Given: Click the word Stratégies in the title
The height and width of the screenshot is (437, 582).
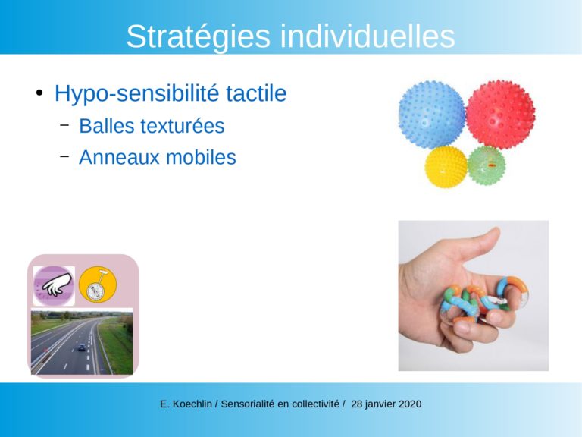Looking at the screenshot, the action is click(x=199, y=36).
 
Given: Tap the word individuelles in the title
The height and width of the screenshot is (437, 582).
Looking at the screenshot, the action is click(x=368, y=36).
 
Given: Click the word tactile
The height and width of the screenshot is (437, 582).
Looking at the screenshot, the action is click(x=256, y=93).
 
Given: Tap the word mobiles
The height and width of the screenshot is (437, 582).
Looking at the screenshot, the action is click(x=201, y=157).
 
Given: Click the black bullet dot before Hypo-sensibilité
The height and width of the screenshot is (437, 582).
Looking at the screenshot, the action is click(x=39, y=93).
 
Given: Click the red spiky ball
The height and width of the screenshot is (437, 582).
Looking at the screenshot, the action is click(x=501, y=114).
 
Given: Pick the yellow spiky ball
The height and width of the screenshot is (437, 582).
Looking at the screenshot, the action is click(x=446, y=166).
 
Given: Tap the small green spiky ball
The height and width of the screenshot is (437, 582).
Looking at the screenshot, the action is click(x=487, y=165).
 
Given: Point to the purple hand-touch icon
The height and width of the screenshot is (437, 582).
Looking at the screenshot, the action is click(x=55, y=286).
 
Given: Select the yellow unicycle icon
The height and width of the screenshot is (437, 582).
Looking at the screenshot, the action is click(x=98, y=285).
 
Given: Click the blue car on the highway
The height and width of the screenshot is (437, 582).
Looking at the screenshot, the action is click(x=82, y=347).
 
